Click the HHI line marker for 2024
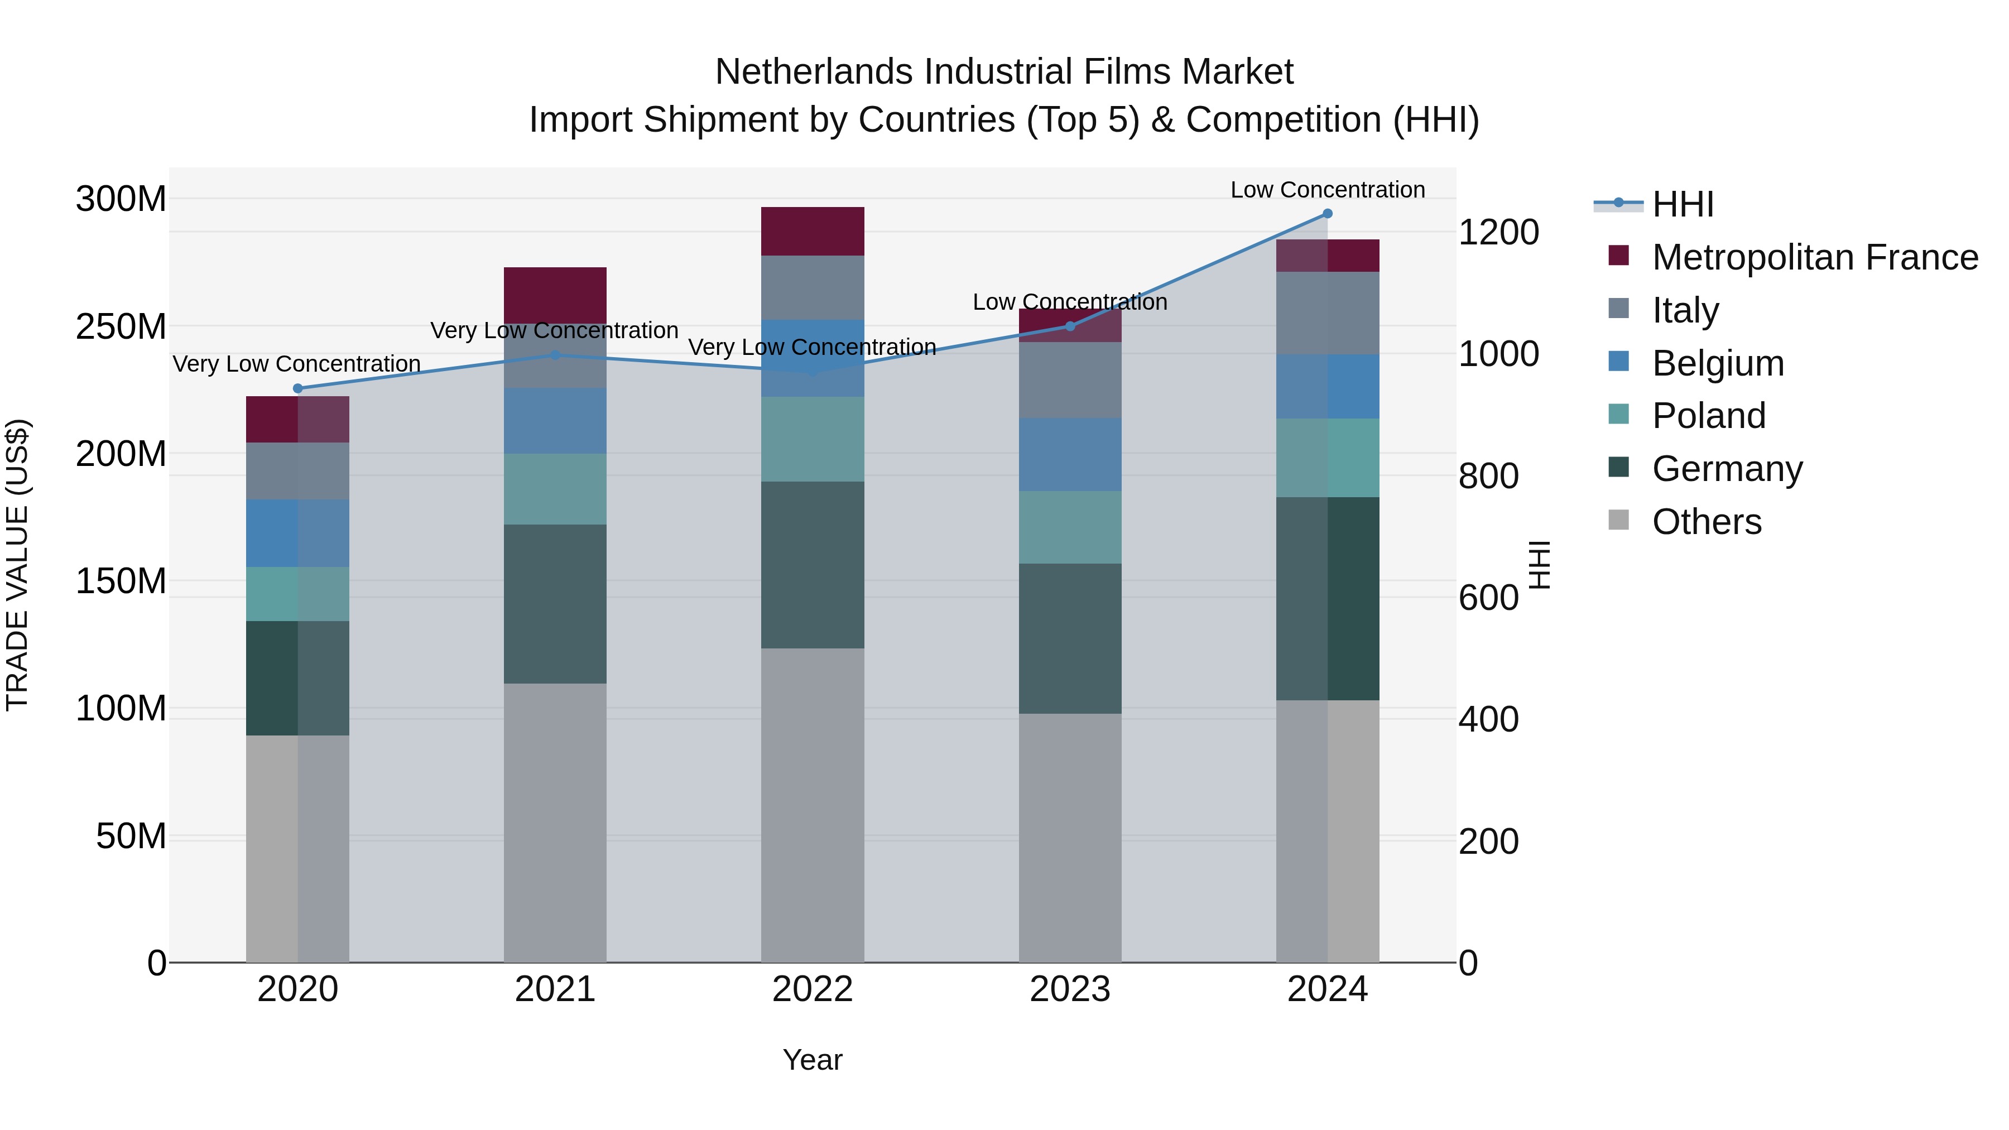click(1328, 214)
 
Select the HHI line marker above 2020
click(297, 388)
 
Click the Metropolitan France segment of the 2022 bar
click(813, 232)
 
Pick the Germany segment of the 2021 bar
click(555, 604)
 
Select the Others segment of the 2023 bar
click(1070, 838)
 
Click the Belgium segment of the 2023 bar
click(1070, 455)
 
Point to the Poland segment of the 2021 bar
click(555, 489)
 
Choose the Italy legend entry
click(1685, 310)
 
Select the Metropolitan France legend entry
click(1814, 257)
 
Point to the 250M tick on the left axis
click(121, 327)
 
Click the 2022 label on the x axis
click(813, 989)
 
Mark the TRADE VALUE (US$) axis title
click(18, 565)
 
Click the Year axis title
click(813, 1060)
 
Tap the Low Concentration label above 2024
click(1328, 190)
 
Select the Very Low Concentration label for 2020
click(296, 364)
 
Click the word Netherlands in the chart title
click(814, 72)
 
